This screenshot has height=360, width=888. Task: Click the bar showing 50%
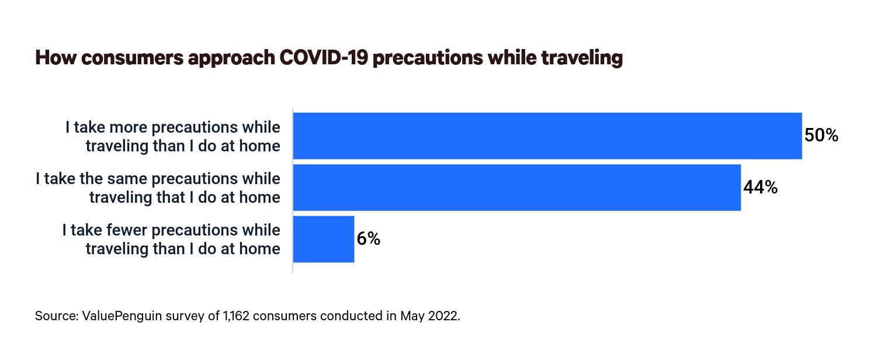(547, 136)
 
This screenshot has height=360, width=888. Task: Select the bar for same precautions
(516, 187)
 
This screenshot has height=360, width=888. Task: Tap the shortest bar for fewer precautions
(323, 239)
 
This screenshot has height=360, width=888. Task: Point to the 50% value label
(821, 136)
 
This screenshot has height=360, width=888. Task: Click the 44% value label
(760, 188)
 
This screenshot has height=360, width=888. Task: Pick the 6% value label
(369, 239)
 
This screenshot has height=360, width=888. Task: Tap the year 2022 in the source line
(443, 316)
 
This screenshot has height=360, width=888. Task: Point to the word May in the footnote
(411, 316)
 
